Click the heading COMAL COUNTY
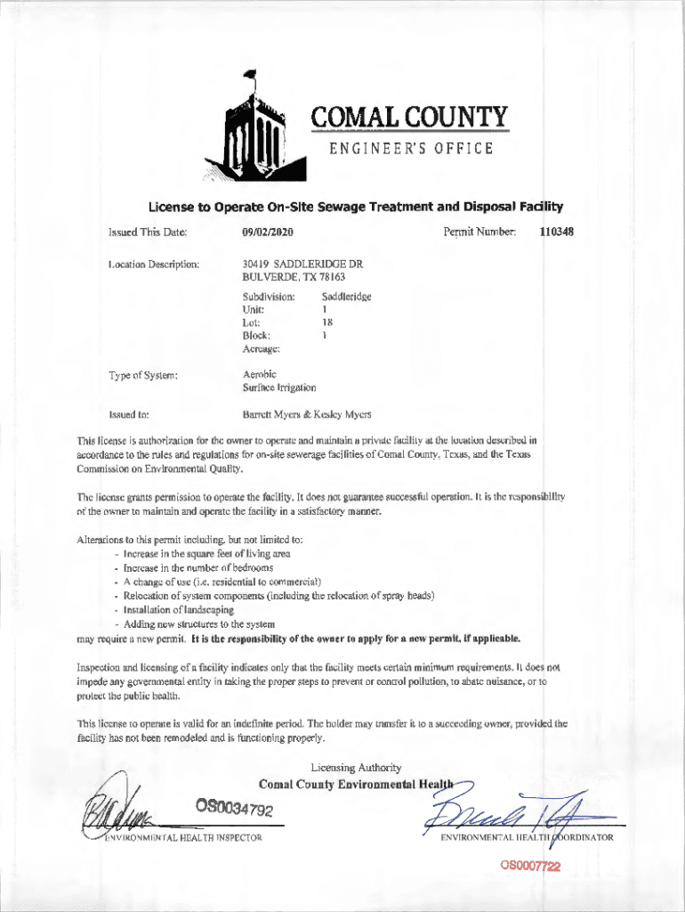coord(409,118)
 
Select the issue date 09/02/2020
coord(268,232)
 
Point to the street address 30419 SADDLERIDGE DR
coord(302,265)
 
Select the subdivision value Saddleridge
coord(346,296)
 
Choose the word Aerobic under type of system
coord(260,374)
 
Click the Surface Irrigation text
coord(278,387)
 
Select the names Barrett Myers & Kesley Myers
coord(307,414)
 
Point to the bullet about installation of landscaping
coord(178,610)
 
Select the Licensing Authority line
coord(356,768)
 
